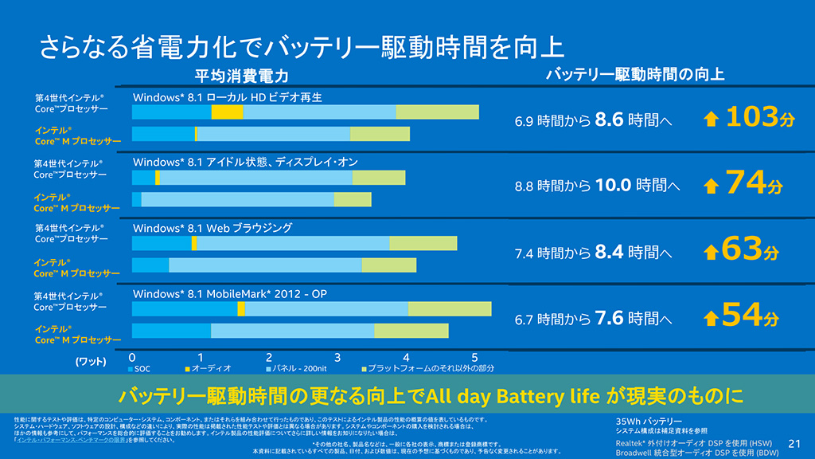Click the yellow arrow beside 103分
pos(712,120)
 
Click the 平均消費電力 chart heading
pos(241,76)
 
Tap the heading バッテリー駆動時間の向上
pos(635,75)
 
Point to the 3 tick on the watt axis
pos(337,357)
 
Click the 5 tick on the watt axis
pos(474,357)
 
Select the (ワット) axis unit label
pos(91,361)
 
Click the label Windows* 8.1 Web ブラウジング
pos(213,228)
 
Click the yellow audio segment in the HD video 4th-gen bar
pos(227,112)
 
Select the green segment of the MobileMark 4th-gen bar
pos(450,309)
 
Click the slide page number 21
pos(794,442)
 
